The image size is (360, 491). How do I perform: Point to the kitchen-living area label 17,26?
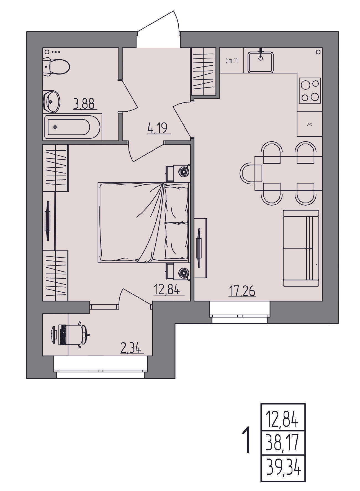pyautogui.click(x=242, y=291)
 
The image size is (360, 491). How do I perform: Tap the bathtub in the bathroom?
pyautogui.click(x=72, y=127)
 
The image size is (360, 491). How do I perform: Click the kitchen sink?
pyautogui.click(x=260, y=62)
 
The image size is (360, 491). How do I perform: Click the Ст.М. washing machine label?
pyautogui.click(x=232, y=61)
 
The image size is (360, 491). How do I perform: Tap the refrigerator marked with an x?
pyautogui.click(x=310, y=124)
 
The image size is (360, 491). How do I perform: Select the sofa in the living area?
pyautogui.click(x=301, y=248)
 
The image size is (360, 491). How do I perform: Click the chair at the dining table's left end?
pyautogui.click(x=251, y=173)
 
